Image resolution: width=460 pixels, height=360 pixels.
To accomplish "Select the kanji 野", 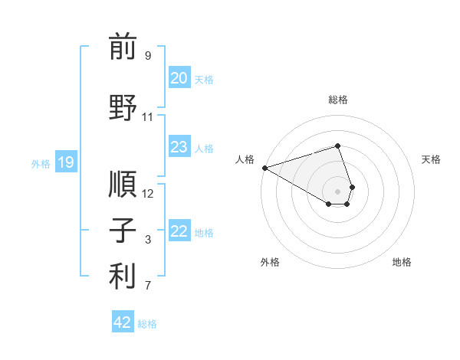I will (123, 106).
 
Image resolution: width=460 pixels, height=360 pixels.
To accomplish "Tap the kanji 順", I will (123, 184).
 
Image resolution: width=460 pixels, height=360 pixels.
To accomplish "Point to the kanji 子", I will (123, 231).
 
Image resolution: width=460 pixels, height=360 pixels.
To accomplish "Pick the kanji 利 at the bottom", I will (123, 277).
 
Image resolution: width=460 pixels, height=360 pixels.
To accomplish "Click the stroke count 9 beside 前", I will (148, 56).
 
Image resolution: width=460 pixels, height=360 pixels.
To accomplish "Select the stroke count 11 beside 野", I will (148, 117).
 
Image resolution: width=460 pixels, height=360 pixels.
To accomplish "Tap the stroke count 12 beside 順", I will (148, 194).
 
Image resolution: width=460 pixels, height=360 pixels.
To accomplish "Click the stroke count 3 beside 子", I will (148, 241).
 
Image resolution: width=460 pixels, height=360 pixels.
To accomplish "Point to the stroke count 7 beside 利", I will (148, 286).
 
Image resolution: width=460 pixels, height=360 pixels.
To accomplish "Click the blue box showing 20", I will (179, 78).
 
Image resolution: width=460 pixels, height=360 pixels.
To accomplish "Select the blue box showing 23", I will (179, 147).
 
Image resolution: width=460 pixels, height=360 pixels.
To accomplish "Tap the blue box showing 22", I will (179, 231).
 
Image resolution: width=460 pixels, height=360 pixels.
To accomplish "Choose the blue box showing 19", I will (65, 162).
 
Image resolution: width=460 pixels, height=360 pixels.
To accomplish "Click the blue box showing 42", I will (123, 322).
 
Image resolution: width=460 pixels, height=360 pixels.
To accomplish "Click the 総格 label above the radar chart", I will (337, 100).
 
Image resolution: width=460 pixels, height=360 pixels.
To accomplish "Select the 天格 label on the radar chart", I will (431, 159).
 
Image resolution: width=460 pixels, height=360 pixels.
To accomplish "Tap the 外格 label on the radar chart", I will (270, 263).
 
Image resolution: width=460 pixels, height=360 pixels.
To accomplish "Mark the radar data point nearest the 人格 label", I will (264, 168).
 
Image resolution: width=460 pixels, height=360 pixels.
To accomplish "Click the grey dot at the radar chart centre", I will (337, 191).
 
